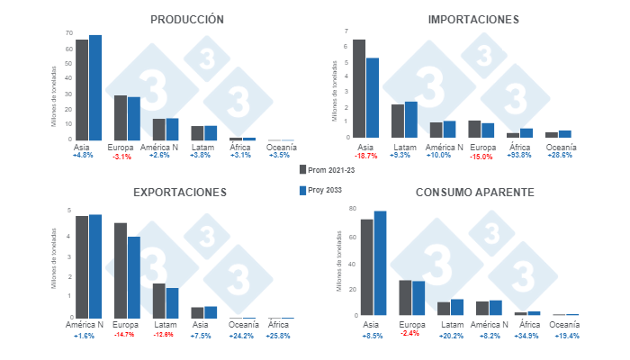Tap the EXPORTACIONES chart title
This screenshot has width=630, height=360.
tap(180, 192)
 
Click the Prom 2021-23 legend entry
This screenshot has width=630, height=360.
tap(330, 168)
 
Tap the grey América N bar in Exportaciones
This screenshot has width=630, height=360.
tap(82, 266)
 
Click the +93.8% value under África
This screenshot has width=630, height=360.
tap(520, 156)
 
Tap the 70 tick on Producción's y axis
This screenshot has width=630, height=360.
tap(68, 32)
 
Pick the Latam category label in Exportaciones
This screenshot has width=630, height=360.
tap(166, 325)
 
